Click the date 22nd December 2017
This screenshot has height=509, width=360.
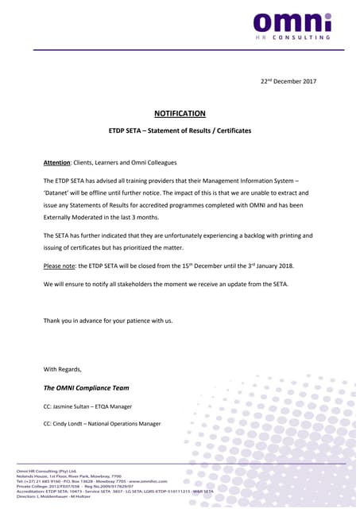[289, 81]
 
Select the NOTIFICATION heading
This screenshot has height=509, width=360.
[180, 114]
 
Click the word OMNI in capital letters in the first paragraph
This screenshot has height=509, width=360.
[238, 205]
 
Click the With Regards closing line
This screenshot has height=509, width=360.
[62, 369]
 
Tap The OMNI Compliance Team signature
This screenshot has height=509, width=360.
[86, 387]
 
